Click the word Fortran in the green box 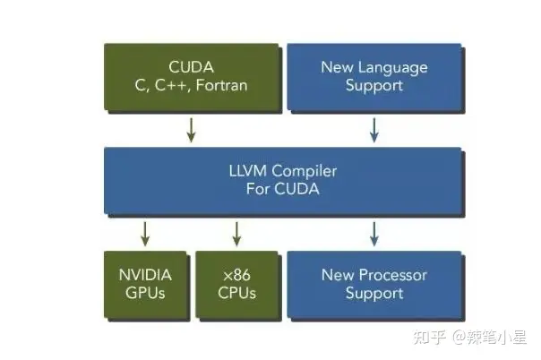coord(221,85)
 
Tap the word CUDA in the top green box coord(191,67)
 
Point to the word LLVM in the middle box coord(248,171)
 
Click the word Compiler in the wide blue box coord(305,172)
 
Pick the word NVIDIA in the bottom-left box coord(145,275)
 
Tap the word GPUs coord(145,293)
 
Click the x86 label coord(236,275)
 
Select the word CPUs coord(237,293)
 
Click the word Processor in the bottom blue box coord(393,275)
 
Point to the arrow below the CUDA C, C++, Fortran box coord(191,130)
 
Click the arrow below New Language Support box coord(374,130)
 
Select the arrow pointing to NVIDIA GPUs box coord(145,234)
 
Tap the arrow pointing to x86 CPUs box coord(236,234)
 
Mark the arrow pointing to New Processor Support coord(374,234)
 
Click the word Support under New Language coord(374,86)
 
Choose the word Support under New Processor coord(374,294)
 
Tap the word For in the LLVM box coord(258,189)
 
